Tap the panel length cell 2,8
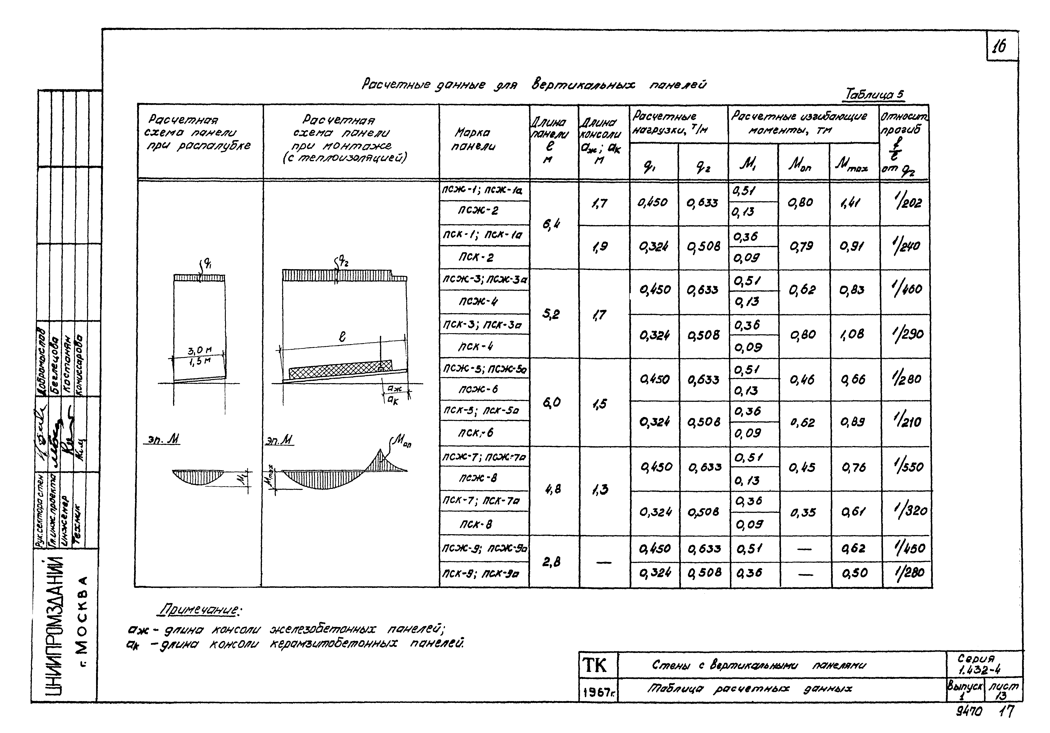tap(552, 562)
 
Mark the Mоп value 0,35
tap(803, 512)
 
